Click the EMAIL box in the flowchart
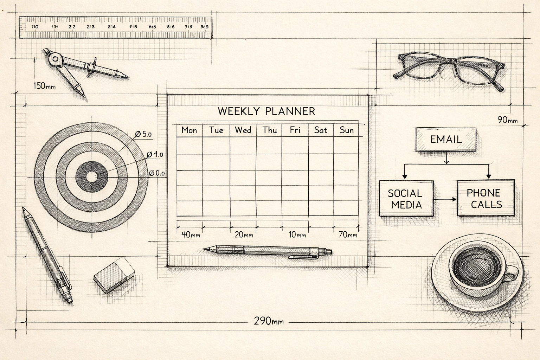(446, 139)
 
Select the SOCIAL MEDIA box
(406, 199)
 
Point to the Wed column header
(243, 130)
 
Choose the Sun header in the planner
(346, 130)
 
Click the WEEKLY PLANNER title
(266, 111)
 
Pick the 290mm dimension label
(269, 321)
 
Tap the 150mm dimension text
(44, 86)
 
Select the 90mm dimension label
(507, 120)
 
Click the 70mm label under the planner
(348, 234)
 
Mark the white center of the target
(92, 177)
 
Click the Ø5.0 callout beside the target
(143, 134)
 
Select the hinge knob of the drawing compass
(55, 59)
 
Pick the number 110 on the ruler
(35, 27)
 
